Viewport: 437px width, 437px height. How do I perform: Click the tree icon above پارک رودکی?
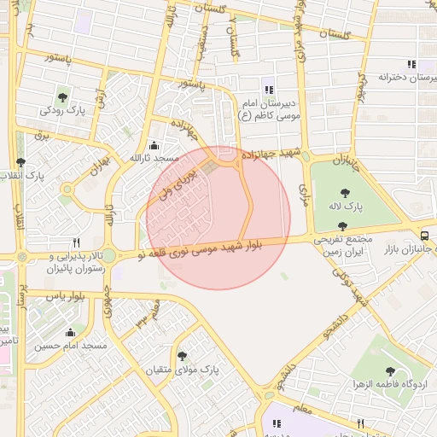pyautogui.click(x=61, y=96)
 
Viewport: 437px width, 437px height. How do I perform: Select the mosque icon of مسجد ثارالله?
pyautogui.click(x=153, y=144)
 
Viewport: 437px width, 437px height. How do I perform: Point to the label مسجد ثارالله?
pyautogui.click(x=153, y=159)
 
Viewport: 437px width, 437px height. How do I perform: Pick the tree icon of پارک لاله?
pyautogui.click(x=345, y=193)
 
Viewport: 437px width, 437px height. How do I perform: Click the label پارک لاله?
pyautogui.click(x=345, y=207)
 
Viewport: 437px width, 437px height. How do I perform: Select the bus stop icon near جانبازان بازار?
pyautogui.click(x=425, y=235)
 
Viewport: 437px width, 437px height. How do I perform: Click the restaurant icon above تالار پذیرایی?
pyautogui.click(x=76, y=242)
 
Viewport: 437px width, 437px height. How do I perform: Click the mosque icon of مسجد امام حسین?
pyautogui.click(x=70, y=333)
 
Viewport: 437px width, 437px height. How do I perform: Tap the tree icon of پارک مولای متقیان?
pyautogui.click(x=181, y=356)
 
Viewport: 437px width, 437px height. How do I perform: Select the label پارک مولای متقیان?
pyautogui.click(x=181, y=370)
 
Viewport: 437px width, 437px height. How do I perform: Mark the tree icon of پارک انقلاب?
pyautogui.click(x=21, y=161)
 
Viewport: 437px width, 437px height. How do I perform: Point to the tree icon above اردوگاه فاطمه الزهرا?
pyautogui.click(x=390, y=370)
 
